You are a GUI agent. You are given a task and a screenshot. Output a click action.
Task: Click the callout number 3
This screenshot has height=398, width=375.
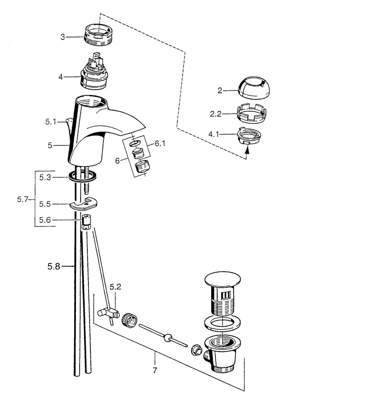pyautogui.click(x=63, y=37)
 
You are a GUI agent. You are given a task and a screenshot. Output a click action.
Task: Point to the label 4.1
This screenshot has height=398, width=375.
pyautogui.click(x=214, y=134)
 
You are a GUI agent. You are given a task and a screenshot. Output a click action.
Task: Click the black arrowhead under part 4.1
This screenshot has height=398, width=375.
pyautogui.click(x=246, y=150)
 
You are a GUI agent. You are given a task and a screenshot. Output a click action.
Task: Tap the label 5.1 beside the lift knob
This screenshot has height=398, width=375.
pyautogui.click(x=51, y=122)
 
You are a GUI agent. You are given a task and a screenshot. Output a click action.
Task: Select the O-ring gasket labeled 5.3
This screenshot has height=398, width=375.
pyautogui.click(x=83, y=176)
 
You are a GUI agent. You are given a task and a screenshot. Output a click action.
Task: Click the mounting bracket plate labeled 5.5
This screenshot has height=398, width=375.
pyautogui.click(x=83, y=204)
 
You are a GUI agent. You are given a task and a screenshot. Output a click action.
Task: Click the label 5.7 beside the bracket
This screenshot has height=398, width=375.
pyautogui.click(x=23, y=199)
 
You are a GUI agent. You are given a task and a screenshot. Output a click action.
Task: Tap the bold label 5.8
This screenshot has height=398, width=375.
pyautogui.click(x=54, y=266)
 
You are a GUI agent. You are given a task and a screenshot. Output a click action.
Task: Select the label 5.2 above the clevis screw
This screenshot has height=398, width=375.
pyautogui.click(x=116, y=287)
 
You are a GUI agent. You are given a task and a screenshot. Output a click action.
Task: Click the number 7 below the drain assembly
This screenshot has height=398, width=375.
pyautogui.click(x=155, y=370)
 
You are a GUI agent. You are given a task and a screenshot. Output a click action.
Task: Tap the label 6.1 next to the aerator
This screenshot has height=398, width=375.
pyautogui.click(x=160, y=144)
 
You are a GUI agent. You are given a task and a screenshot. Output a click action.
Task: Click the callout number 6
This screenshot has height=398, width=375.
pyautogui.click(x=117, y=161)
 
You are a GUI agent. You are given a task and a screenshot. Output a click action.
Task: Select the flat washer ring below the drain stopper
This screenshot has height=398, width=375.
pyautogui.click(x=223, y=324)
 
